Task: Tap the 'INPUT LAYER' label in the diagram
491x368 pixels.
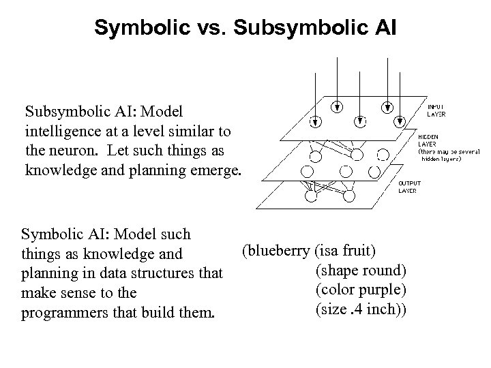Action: [x=438, y=110]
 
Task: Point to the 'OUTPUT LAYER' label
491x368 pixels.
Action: [x=408, y=187]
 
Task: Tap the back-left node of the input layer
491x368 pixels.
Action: [x=336, y=106]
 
